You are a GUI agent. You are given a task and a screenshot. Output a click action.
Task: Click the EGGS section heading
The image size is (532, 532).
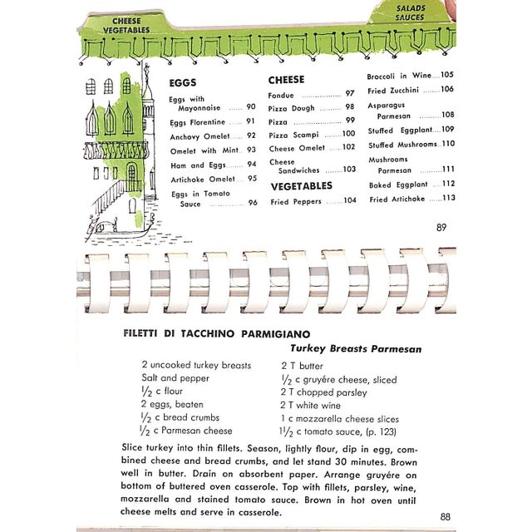(182, 83)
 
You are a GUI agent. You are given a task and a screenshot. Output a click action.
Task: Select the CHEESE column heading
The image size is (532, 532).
(286, 80)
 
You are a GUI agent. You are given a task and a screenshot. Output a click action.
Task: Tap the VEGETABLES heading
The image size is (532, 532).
(301, 185)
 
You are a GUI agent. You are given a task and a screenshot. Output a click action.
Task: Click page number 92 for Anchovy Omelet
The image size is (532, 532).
(251, 136)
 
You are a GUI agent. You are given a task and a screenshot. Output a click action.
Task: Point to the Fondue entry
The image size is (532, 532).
(283, 95)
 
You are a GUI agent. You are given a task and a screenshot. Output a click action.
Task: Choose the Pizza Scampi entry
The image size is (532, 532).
(291, 134)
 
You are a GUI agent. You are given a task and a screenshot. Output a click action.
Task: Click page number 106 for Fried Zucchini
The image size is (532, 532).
(447, 90)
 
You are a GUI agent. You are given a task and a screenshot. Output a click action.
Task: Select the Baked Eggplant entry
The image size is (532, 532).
(398, 185)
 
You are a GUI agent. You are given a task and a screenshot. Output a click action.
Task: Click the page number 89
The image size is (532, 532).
(441, 227)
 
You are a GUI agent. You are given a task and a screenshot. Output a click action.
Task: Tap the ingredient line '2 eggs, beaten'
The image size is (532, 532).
(172, 403)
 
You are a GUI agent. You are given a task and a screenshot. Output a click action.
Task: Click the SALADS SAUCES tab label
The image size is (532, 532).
(410, 12)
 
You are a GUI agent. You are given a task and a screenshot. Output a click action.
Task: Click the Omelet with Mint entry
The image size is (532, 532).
(203, 150)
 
